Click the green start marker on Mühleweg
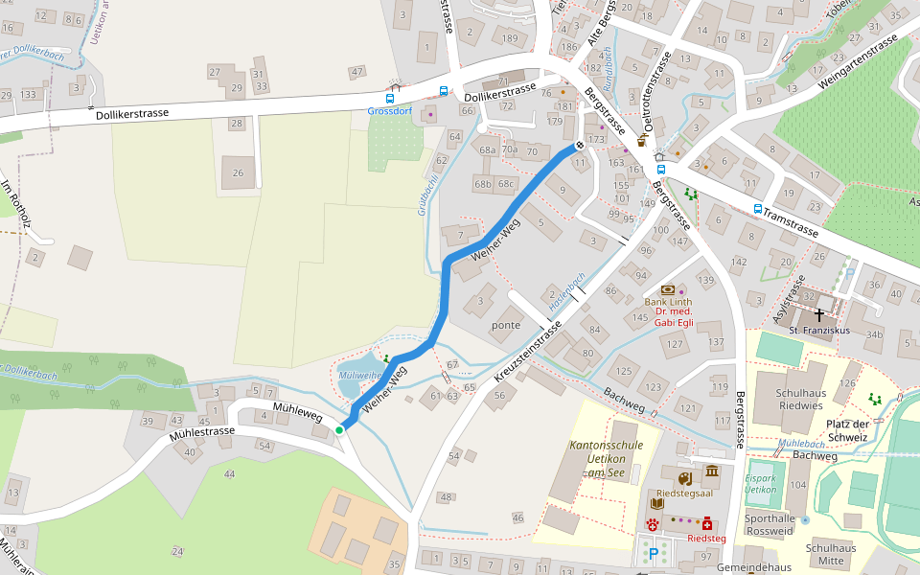click(339, 430)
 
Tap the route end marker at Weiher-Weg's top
click(579, 146)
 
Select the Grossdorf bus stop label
click(391, 111)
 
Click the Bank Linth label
click(668, 302)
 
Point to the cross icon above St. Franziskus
click(819, 313)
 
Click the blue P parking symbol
click(655, 553)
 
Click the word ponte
click(505, 325)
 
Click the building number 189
click(510, 39)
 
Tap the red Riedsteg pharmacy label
click(706, 539)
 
